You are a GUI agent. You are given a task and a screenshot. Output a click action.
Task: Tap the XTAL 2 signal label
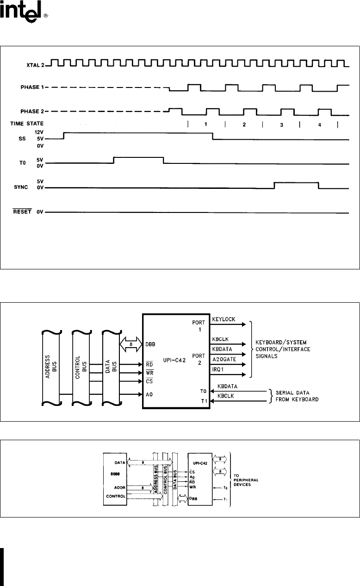(x=34, y=65)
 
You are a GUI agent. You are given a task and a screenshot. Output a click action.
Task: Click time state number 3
(x=281, y=126)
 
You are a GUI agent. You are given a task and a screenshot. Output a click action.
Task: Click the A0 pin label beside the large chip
(x=149, y=394)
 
